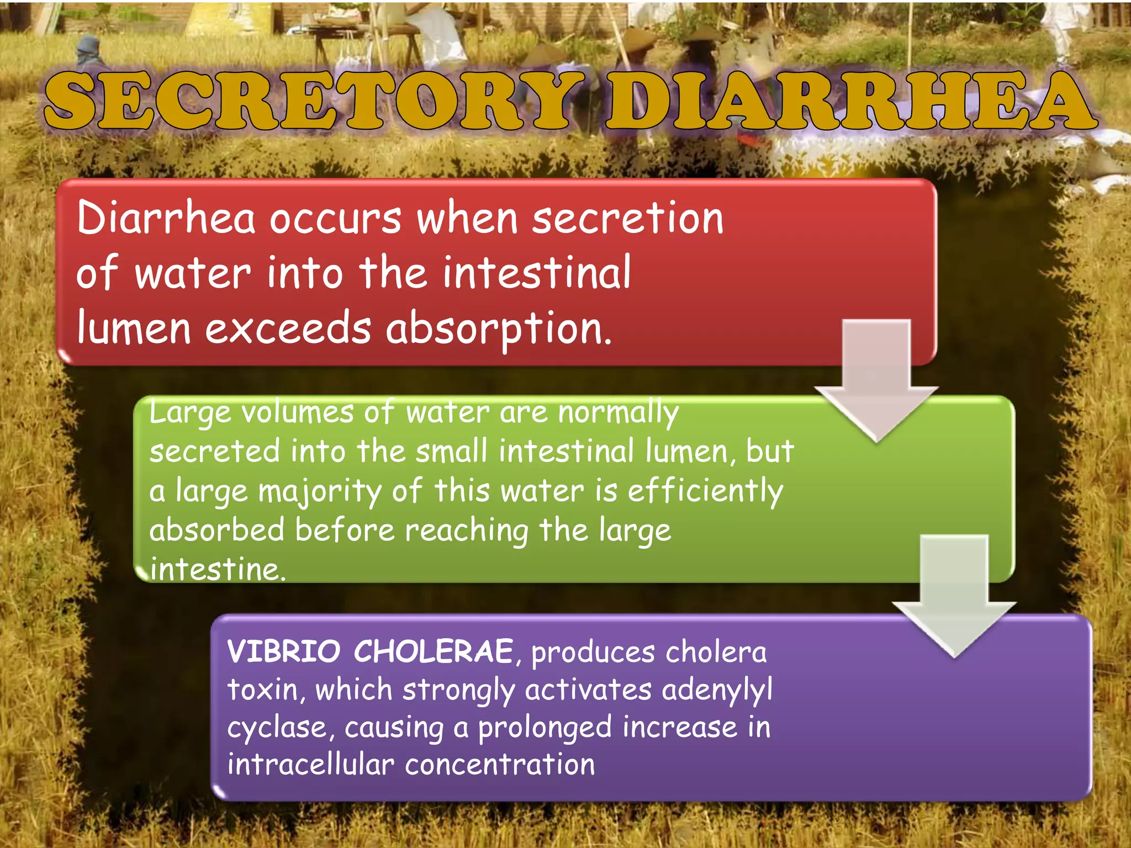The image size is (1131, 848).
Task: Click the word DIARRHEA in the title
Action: (850, 102)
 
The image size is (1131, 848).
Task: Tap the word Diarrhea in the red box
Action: (166, 219)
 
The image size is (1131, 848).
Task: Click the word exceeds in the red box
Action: (288, 329)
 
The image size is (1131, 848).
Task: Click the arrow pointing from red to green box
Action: (876, 381)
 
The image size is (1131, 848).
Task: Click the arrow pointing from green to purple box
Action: (954, 596)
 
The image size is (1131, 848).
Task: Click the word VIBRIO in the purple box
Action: (284, 651)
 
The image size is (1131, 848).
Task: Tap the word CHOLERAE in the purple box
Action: (434, 651)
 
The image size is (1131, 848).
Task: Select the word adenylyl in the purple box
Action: (716, 690)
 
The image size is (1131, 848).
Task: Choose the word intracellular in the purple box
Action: (310, 765)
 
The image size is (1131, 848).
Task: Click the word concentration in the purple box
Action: (500, 765)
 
